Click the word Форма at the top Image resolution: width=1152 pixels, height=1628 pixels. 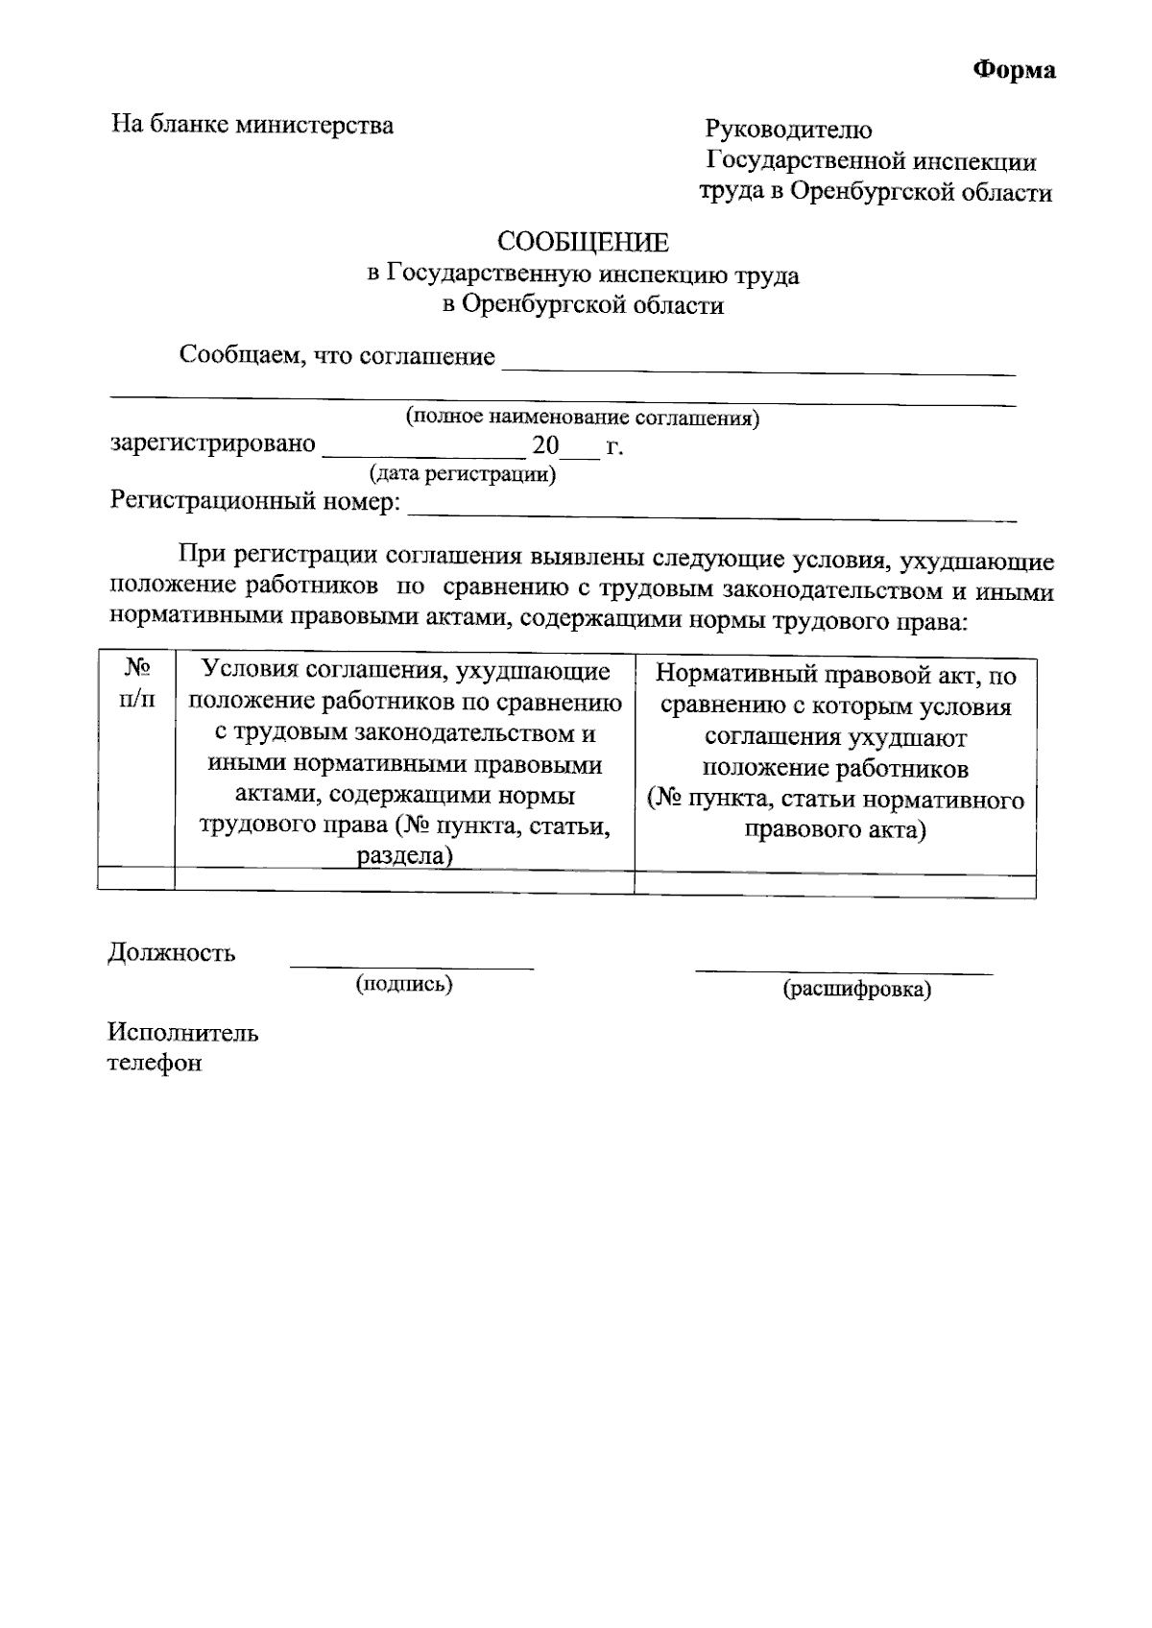pyautogui.click(x=1015, y=70)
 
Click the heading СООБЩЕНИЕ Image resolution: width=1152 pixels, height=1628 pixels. pyautogui.click(x=583, y=243)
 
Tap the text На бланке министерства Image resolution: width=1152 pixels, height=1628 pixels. pyautogui.click(x=252, y=125)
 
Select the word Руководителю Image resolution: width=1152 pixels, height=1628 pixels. pyautogui.click(x=788, y=129)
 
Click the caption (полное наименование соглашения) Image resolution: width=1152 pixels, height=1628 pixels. pyautogui.click(x=582, y=418)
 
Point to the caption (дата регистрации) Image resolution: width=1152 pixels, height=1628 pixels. pyautogui.click(x=463, y=474)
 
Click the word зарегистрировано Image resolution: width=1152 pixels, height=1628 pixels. pyautogui.click(x=213, y=444)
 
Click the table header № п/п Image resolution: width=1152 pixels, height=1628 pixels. pyautogui.click(x=136, y=683)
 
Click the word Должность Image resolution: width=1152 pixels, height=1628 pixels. pyautogui.click(x=172, y=953)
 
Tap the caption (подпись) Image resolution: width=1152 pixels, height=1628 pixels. pyautogui.click(x=404, y=984)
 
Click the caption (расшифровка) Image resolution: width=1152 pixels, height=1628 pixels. pyautogui.click(x=856, y=989)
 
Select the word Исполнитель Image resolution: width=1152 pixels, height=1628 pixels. pyautogui.click(x=183, y=1033)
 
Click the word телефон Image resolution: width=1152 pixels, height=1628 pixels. pyautogui.click(x=155, y=1064)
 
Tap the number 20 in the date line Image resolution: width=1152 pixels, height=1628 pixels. pyautogui.click(x=545, y=445)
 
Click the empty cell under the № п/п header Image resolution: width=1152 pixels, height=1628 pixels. pyautogui.click(x=136, y=879)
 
